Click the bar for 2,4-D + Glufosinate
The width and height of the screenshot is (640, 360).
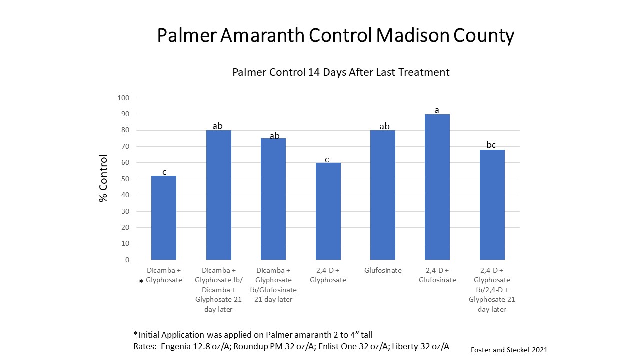437,187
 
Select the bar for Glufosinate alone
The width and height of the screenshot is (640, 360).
382,195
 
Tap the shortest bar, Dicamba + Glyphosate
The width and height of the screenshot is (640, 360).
164,218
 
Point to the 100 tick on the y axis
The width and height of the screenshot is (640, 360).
123,98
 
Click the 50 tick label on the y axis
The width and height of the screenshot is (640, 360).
125,179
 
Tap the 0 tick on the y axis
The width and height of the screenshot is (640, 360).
127,260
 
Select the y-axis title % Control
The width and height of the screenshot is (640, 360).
103,178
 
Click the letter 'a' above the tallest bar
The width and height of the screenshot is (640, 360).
437,110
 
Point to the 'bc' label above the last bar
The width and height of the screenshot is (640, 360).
491,145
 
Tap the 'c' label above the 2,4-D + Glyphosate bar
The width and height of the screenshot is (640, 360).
327,159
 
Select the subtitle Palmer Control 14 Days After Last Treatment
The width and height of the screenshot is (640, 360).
341,72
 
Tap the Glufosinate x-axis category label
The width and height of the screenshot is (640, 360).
382,270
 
